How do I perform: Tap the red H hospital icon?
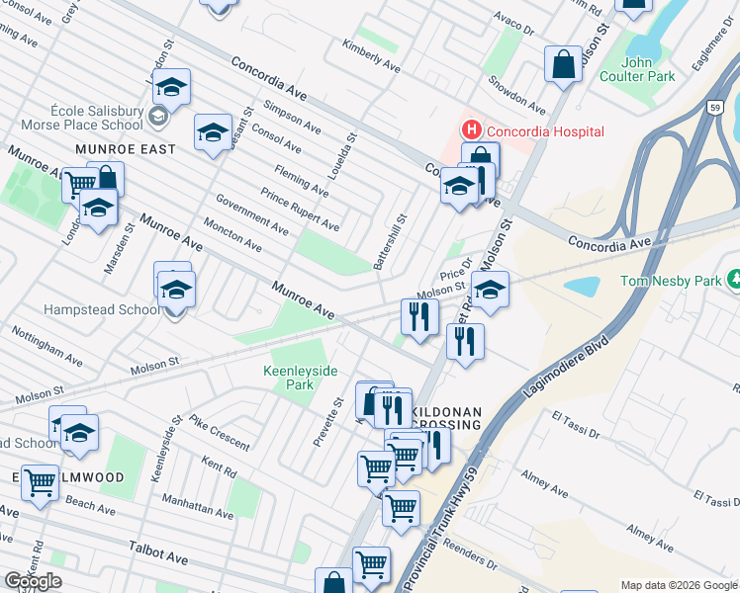click(471, 129)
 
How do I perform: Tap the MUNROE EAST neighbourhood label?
click(125, 149)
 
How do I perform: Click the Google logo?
click(33, 581)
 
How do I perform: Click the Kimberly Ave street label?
click(371, 58)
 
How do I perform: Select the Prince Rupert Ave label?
click(300, 209)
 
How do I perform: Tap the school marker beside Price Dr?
click(489, 289)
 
